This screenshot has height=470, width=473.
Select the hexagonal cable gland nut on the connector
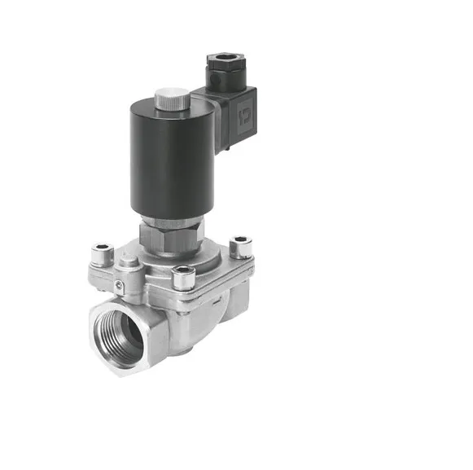[x=221, y=62]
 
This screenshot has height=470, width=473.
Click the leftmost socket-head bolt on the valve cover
[x=103, y=252]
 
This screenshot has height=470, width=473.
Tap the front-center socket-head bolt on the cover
[x=183, y=275]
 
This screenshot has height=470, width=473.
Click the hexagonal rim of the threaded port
[x=96, y=350]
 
